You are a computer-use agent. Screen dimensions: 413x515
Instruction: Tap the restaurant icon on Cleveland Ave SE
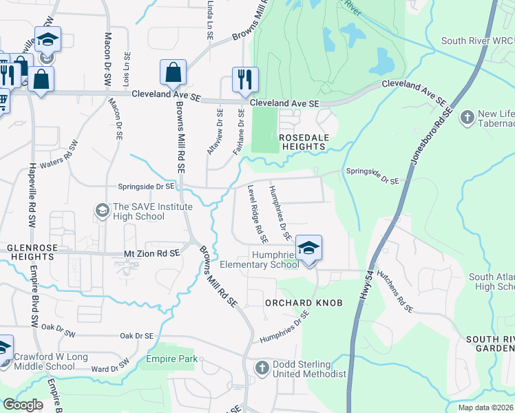[x=245, y=79]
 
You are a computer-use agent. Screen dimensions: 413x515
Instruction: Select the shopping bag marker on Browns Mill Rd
[x=172, y=72]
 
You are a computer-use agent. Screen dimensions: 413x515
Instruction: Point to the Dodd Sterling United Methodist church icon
[x=262, y=368]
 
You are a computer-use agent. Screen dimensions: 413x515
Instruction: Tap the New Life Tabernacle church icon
[x=468, y=116]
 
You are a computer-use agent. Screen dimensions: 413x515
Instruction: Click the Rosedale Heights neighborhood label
[x=302, y=142]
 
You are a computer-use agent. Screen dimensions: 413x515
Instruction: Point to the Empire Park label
[x=171, y=359]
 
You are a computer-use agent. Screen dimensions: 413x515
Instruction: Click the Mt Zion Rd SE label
[x=151, y=253]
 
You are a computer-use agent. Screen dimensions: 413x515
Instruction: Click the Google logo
[x=23, y=405]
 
